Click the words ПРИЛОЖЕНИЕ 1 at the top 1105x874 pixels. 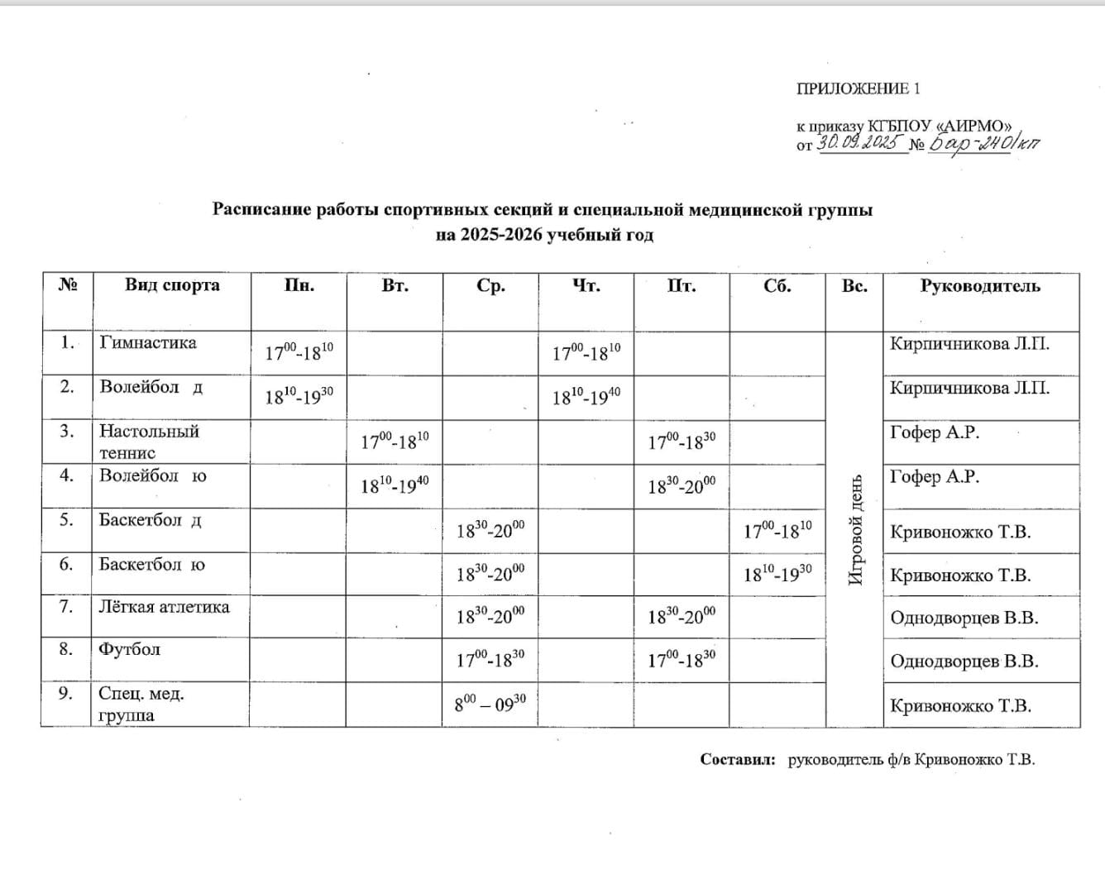pyautogui.click(x=859, y=88)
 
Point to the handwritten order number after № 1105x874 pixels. pyautogui.click(x=984, y=143)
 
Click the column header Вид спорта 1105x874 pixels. pyautogui.click(x=172, y=285)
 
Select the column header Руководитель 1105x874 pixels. pyautogui.click(x=980, y=286)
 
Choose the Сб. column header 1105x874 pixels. pyautogui.click(x=777, y=286)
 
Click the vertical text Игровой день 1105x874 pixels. pyautogui.click(x=855, y=529)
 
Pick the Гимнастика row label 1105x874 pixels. pyautogui.click(x=148, y=342)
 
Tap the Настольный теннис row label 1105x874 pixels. pyautogui.click(x=149, y=442)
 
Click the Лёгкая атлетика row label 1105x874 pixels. pyautogui.click(x=164, y=607)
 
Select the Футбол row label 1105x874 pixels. pyautogui.click(x=129, y=649)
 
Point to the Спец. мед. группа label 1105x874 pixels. pyautogui.click(x=141, y=704)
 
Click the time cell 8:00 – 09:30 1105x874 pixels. pyautogui.click(x=490, y=704)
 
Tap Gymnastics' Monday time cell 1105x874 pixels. pyautogui.click(x=299, y=352)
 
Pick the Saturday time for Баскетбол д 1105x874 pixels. pyautogui.click(x=777, y=530)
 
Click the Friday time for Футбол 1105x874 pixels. pyautogui.click(x=682, y=660)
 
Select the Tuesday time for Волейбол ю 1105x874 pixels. pyautogui.click(x=395, y=485)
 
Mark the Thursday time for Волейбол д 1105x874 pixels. pyautogui.click(x=586, y=397)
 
